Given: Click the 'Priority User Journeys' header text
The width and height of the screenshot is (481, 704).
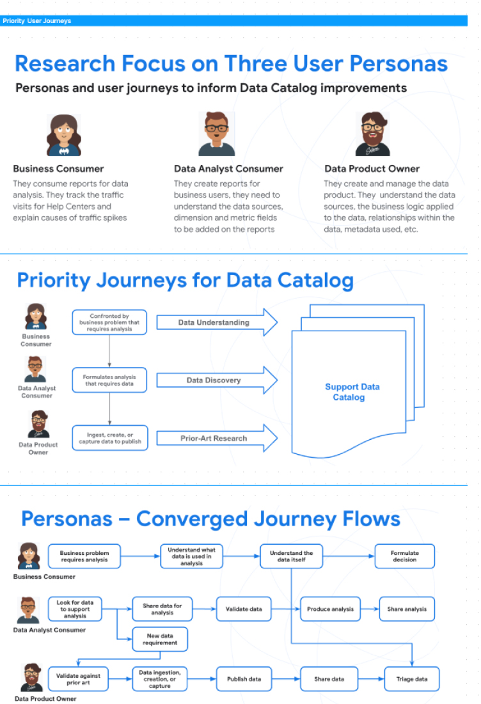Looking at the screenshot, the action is (37, 20).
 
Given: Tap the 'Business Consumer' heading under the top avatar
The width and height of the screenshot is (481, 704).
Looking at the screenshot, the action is (58, 169).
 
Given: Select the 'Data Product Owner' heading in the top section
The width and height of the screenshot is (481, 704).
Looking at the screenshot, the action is (372, 169).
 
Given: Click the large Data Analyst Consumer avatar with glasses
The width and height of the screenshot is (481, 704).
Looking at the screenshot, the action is (216, 134).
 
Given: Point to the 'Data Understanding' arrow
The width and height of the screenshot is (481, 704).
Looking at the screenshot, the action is (217, 322).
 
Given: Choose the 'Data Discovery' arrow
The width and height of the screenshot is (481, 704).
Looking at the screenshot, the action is (217, 380).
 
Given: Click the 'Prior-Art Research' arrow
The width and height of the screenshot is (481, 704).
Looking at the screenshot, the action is (217, 438).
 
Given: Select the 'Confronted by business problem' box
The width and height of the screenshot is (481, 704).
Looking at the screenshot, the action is (109, 322).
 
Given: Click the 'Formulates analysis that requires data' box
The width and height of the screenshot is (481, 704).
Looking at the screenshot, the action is (109, 380).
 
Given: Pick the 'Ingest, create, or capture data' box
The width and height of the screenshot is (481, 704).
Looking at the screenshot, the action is (110, 438).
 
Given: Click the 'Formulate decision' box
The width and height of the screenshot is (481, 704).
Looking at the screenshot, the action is (405, 556).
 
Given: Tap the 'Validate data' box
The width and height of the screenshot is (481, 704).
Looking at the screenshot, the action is (244, 609).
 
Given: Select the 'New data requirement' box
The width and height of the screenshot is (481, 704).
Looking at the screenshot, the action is (160, 639).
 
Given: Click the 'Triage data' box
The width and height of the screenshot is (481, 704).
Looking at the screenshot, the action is (412, 679).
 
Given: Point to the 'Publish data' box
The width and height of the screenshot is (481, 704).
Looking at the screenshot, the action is (244, 679).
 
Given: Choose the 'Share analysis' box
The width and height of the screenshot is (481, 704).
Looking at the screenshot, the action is (407, 609).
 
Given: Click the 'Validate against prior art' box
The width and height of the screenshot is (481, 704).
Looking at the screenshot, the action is (78, 679).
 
